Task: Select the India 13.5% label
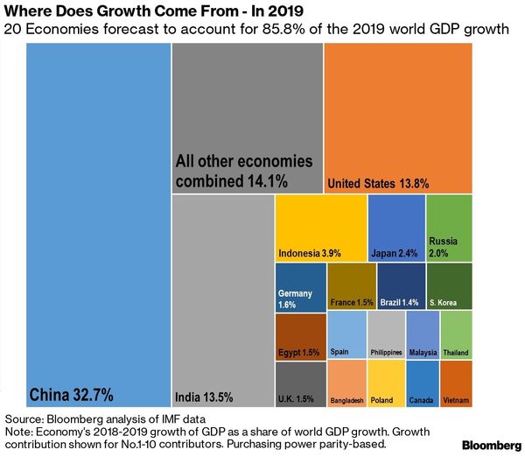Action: click(205, 396)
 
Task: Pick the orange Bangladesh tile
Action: click(346, 384)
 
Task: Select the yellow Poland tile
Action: click(386, 384)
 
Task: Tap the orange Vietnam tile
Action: click(456, 384)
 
